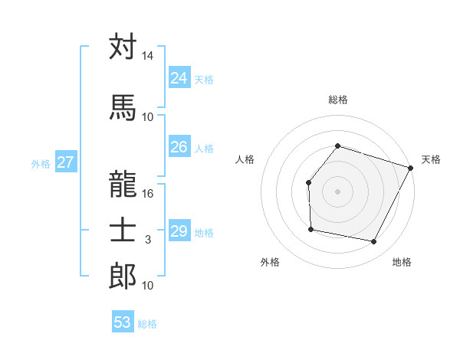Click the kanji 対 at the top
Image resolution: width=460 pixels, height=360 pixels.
click(123, 47)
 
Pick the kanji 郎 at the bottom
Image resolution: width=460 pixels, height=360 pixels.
click(123, 276)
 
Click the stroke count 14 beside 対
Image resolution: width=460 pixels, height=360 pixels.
click(148, 56)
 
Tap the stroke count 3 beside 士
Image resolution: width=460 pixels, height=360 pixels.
click(148, 240)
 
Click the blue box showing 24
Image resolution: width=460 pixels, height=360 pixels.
click(179, 77)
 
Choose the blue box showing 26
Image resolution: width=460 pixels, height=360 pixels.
click(179, 147)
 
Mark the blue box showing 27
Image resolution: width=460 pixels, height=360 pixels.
click(65, 162)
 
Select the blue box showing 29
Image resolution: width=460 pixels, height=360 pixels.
click(179, 231)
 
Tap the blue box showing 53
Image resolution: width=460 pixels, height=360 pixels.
click(122, 322)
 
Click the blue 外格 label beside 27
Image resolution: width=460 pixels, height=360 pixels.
click(41, 163)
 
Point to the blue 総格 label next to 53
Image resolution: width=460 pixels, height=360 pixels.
click(147, 323)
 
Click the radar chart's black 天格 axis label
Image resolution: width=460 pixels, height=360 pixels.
click(431, 159)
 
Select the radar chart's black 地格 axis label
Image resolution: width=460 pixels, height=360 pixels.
click(402, 262)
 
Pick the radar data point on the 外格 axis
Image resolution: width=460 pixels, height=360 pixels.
click(310, 229)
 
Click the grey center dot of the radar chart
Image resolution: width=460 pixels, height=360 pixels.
click(337, 191)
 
